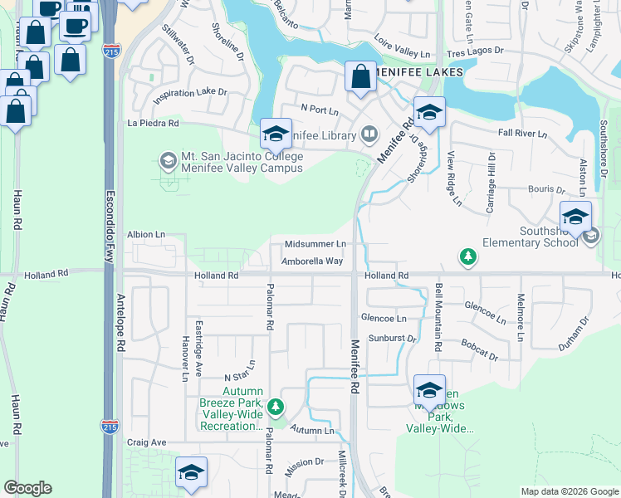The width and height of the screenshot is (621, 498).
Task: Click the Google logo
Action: click(28, 488)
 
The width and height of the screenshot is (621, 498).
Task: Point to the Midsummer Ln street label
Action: click(315, 244)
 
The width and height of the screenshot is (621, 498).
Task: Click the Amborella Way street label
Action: click(311, 261)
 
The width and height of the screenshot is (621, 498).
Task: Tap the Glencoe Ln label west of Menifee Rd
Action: click(384, 318)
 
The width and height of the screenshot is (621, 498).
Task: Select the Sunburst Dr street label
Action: click(392, 339)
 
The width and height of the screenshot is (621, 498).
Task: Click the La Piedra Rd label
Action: click(154, 123)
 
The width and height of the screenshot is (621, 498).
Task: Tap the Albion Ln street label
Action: click(146, 235)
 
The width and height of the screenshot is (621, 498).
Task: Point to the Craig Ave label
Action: click(147, 442)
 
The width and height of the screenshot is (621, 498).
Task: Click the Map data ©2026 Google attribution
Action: click(569, 491)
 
